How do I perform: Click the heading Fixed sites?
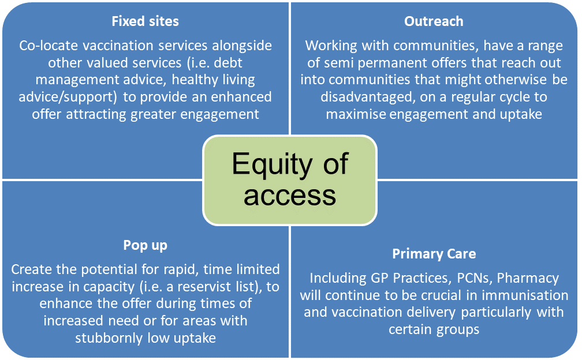click(x=145, y=21)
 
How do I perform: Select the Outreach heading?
click(x=434, y=21)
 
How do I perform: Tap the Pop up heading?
click(x=145, y=245)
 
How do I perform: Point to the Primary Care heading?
click(x=434, y=254)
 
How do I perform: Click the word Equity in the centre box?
click(x=272, y=164)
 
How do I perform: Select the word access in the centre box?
click(x=290, y=196)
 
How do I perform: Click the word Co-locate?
click(x=48, y=45)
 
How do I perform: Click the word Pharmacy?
click(x=528, y=279)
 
